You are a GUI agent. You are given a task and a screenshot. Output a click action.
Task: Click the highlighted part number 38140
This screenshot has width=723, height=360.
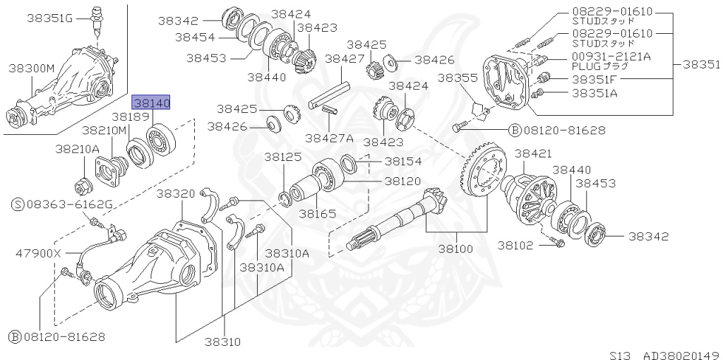tap(151, 104)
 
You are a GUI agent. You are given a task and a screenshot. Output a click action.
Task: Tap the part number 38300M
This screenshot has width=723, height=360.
tap(31, 68)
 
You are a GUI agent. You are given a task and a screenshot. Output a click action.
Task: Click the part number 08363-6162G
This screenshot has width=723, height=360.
tap(70, 205)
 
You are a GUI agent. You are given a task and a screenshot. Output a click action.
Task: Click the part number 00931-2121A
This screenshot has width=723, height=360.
tap(611, 56)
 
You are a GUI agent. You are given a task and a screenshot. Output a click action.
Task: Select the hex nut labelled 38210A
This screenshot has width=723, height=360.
tap(81, 186)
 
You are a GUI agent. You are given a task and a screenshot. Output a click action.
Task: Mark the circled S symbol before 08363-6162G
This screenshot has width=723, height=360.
tap(18, 205)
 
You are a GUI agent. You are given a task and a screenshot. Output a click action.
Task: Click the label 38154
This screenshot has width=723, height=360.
tap(402, 160)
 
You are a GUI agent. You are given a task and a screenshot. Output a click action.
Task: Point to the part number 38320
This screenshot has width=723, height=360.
tap(175, 193)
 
